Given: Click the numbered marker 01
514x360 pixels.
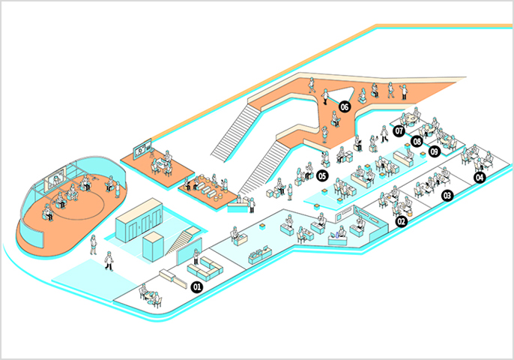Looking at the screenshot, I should coord(199,286).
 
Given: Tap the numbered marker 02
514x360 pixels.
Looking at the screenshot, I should coord(401,222).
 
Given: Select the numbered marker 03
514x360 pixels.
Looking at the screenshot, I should coord(448,196).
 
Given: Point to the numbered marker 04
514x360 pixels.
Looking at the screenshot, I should coord(480,178).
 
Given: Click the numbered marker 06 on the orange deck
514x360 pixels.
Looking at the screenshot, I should coord(345,106).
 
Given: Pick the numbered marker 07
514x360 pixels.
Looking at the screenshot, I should coord(399,130).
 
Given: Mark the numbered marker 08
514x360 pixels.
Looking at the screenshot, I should coord(417,140).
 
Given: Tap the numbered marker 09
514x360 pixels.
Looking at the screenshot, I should coord(435,151).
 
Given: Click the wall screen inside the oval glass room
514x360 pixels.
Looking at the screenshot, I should coord(56,180).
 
